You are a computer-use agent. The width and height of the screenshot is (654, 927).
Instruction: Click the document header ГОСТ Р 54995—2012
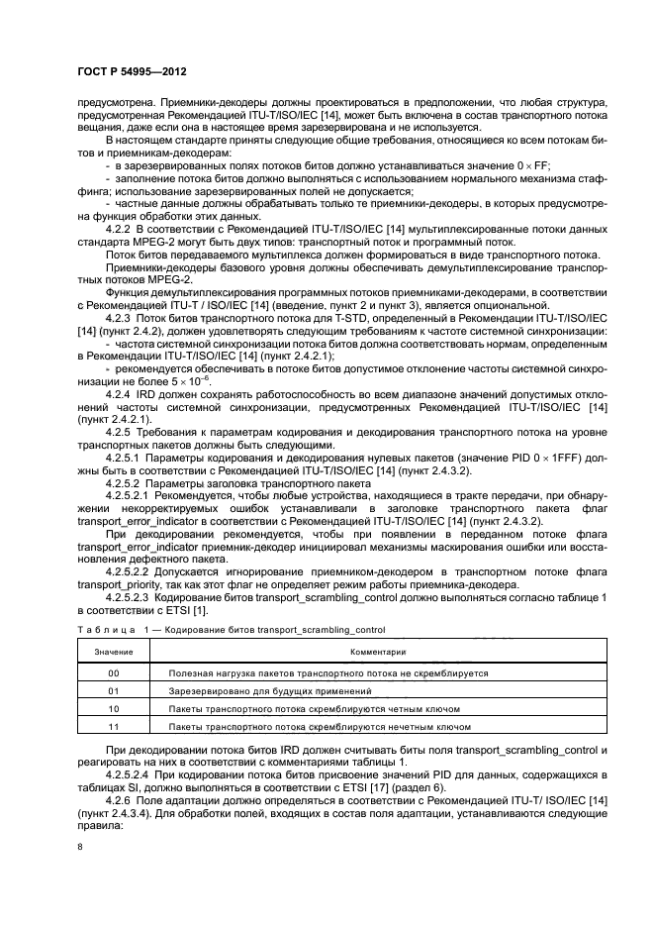(x=132, y=73)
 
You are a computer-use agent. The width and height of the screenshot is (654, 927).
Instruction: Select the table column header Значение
(x=113, y=653)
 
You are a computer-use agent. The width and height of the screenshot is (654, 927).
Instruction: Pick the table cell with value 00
(x=113, y=672)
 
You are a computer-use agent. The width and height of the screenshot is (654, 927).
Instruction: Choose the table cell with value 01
(x=113, y=690)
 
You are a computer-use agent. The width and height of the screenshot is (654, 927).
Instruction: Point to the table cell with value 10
(x=113, y=708)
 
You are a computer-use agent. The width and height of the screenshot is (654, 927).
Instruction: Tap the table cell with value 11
(x=113, y=726)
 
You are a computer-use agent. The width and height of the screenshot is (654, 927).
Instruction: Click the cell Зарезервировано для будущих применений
(x=270, y=690)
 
